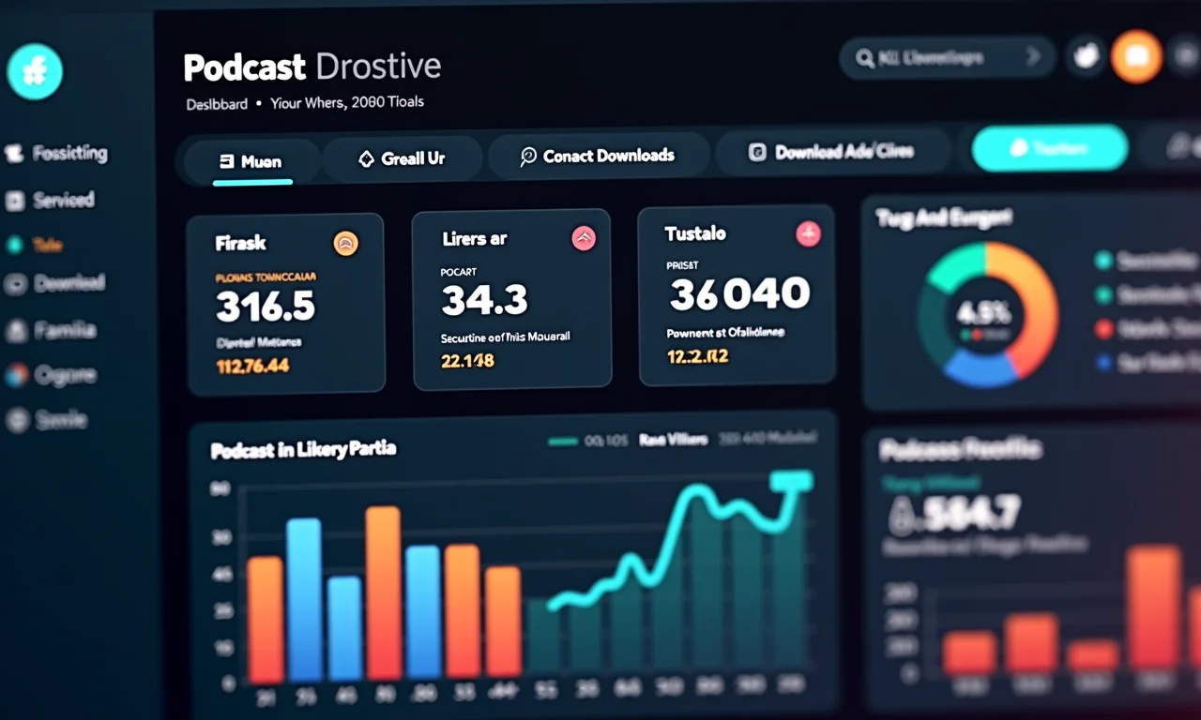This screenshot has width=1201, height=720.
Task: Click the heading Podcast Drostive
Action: (312, 67)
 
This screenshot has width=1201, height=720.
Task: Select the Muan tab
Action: (251, 160)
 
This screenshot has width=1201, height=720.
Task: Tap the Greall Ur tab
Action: (403, 158)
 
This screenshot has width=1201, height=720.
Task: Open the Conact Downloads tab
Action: (598, 156)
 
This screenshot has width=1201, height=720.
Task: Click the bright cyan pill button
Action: (1049, 148)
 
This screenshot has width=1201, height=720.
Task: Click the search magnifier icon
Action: (864, 58)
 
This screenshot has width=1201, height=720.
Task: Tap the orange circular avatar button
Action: (1136, 56)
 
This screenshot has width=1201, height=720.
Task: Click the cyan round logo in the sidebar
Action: (35, 72)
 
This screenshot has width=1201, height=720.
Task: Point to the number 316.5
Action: (266, 306)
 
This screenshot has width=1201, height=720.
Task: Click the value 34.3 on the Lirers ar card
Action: (484, 300)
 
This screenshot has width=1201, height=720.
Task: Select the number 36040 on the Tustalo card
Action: (739, 294)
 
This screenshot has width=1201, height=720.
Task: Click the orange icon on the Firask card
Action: (345, 244)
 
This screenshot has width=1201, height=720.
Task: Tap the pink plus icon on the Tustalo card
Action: (808, 234)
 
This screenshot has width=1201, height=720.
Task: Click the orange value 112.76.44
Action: (252, 366)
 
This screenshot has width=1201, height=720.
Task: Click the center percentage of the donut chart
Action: (983, 311)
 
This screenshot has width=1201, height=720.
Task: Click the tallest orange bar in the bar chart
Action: (383, 592)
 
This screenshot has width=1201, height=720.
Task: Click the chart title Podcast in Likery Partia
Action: (303, 450)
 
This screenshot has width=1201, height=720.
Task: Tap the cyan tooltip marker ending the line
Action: (790, 481)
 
